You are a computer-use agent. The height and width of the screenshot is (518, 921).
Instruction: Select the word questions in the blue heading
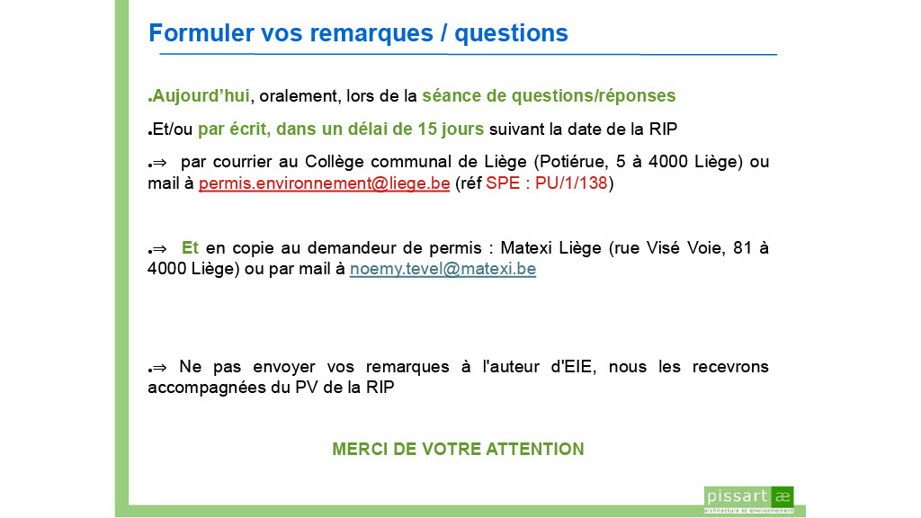pos(511,34)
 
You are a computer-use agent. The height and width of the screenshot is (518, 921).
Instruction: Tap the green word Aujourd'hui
pos(201,95)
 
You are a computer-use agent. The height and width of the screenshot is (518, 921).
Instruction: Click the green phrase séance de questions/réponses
pos(549,95)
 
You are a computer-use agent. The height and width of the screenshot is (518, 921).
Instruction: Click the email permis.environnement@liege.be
pos(324,183)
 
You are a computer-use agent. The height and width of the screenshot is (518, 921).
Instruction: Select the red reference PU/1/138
pos(571,183)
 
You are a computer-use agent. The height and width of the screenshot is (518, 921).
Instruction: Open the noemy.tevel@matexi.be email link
pos(443,269)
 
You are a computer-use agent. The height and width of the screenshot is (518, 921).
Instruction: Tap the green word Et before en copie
pos(190,248)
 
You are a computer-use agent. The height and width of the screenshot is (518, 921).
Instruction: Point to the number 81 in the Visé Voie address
pos(742,248)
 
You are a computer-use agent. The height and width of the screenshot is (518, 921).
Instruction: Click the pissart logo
pos(749,499)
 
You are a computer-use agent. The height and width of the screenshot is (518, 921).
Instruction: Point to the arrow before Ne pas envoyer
pos(159,368)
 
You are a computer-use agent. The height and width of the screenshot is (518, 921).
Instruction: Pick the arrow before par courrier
pos(159,164)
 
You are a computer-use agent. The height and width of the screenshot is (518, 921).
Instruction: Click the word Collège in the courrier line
pos(334,162)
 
